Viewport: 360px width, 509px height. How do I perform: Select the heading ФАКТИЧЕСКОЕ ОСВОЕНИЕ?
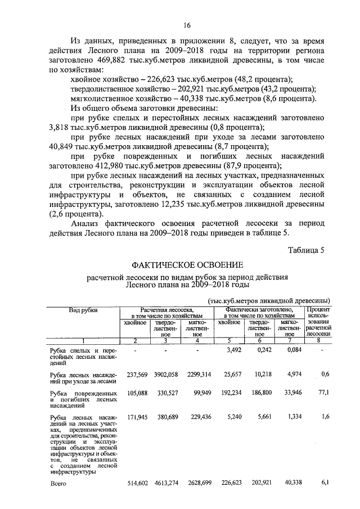pyautogui.click(x=187, y=265)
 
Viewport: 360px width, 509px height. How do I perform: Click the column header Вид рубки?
pyautogui.click(x=83, y=309)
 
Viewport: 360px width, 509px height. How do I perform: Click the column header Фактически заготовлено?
pyautogui.click(x=258, y=309)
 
